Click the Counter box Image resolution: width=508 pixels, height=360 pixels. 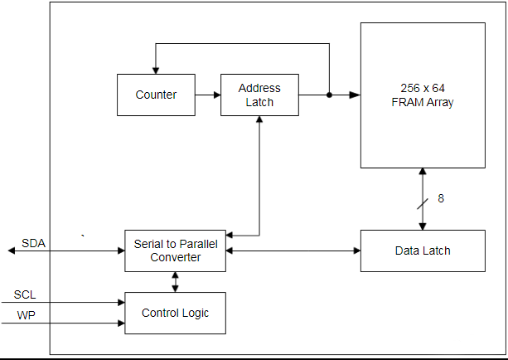156,95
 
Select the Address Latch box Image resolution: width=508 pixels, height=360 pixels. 259,95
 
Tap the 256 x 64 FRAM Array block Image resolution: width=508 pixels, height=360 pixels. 423,95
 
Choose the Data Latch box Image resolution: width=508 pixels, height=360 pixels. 423,251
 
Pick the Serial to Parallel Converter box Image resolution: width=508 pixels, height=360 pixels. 175,251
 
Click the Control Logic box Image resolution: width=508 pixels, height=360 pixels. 175,313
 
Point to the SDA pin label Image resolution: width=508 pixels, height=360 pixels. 34,243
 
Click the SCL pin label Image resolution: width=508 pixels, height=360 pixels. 25,295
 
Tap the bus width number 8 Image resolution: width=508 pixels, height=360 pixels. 441,199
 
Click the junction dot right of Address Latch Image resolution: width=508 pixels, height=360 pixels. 329,95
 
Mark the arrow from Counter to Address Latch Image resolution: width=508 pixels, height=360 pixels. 208,95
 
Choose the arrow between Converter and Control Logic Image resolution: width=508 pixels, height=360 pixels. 175,282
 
